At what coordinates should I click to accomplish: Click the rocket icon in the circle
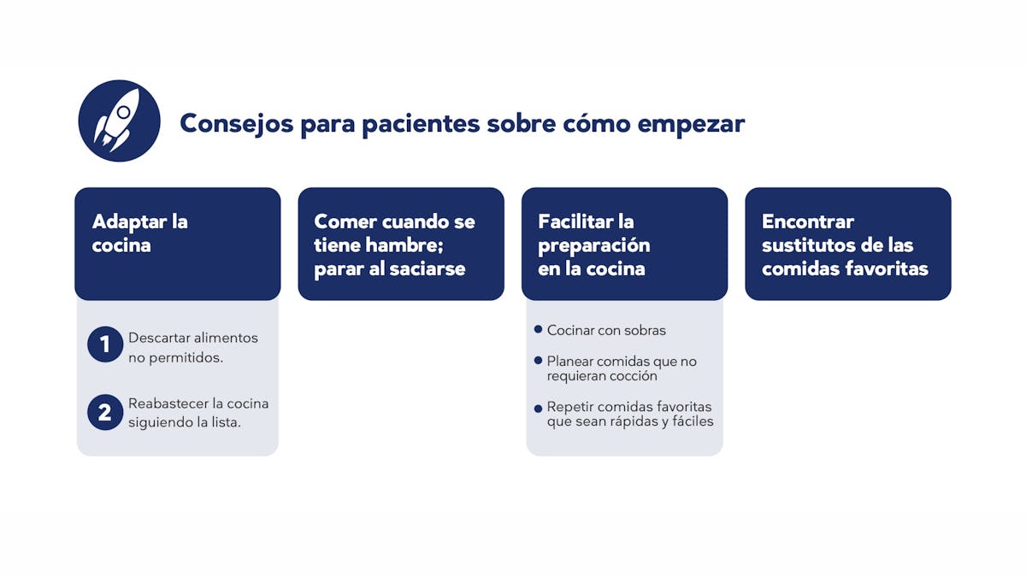pyautogui.click(x=119, y=121)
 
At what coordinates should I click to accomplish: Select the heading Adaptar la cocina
pyautogui.click(x=139, y=233)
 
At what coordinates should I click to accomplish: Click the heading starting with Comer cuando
pyautogui.click(x=394, y=244)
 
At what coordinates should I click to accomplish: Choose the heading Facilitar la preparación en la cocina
pyautogui.click(x=594, y=244)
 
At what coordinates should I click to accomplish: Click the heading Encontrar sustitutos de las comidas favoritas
pyautogui.click(x=845, y=244)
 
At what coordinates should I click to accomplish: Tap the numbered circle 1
pyautogui.click(x=105, y=344)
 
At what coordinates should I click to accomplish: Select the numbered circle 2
pyautogui.click(x=105, y=412)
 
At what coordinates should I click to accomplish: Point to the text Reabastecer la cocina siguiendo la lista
pyautogui.click(x=198, y=413)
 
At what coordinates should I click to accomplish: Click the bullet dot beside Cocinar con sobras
pyautogui.click(x=538, y=329)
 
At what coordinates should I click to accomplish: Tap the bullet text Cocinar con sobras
pyautogui.click(x=606, y=330)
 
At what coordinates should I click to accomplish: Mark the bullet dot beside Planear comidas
pyautogui.click(x=538, y=361)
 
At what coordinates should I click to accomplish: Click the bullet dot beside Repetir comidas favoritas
pyautogui.click(x=538, y=408)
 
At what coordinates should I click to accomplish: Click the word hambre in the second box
pyautogui.click(x=404, y=245)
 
